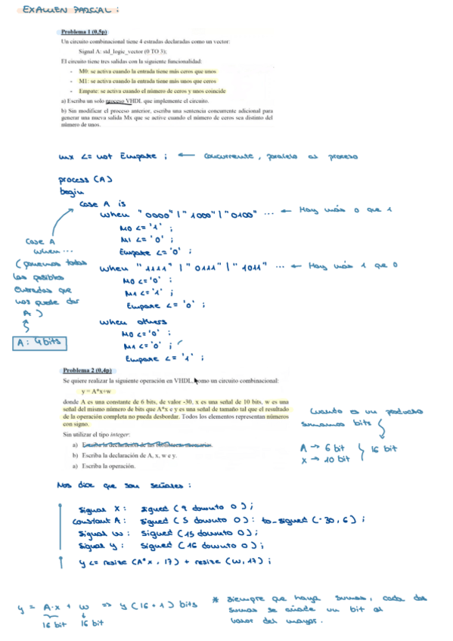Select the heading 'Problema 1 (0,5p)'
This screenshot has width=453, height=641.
point(84,32)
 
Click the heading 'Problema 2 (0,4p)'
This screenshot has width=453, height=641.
point(87,371)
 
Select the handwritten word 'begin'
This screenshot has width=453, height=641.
point(70,192)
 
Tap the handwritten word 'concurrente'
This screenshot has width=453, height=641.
point(230,156)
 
